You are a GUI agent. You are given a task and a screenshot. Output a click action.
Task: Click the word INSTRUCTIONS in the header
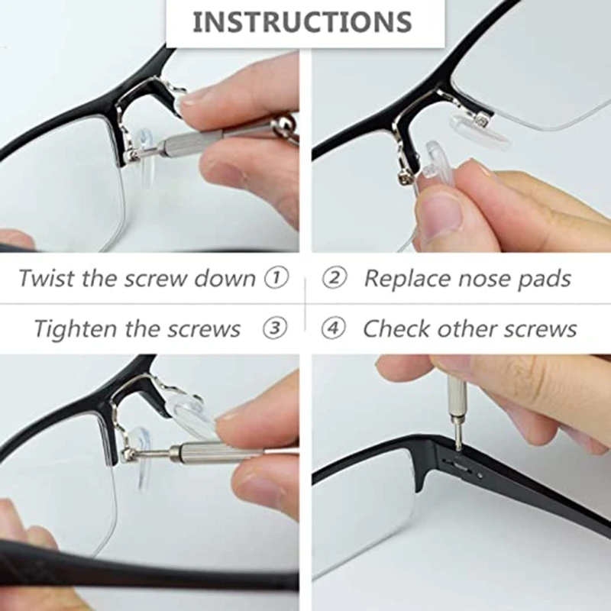[x=302, y=22]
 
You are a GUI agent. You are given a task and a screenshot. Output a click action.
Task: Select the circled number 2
[x=334, y=276]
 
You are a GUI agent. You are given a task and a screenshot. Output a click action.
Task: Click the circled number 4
[x=334, y=328]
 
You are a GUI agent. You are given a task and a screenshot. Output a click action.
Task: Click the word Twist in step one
[x=47, y=277]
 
